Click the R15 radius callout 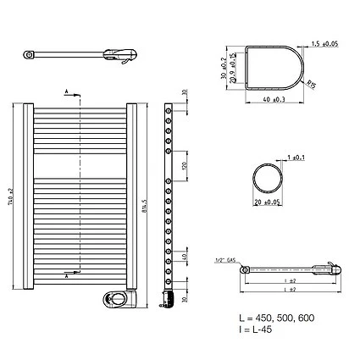point(313,83)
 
